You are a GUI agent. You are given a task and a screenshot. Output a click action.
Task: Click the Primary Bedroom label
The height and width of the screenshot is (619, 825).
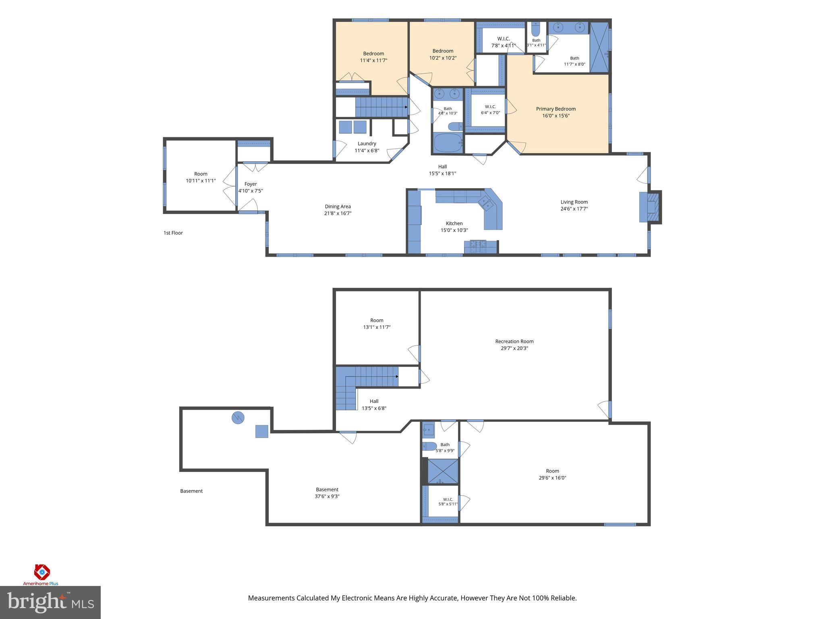coord(556,109)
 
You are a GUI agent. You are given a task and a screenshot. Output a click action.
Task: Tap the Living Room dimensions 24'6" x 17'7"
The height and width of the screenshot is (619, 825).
coord(574,209)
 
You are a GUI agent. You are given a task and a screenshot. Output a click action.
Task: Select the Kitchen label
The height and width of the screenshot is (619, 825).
coord(454,223)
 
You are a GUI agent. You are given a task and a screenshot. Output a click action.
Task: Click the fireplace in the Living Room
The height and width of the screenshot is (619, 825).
coord(650,207)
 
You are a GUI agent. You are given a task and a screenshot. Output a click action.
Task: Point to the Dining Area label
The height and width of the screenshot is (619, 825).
coord(338,206)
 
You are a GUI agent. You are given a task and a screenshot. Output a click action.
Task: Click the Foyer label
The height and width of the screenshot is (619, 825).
coord(251,184)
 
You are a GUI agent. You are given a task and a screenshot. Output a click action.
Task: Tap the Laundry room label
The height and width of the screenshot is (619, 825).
coord(367,143)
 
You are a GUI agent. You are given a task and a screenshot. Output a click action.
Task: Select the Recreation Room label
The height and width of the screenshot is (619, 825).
coord(514,341)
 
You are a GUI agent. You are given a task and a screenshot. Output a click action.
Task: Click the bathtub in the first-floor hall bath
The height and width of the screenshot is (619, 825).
coord(448,143)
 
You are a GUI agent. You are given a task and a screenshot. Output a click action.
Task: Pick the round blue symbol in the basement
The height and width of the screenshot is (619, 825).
coord(238,418)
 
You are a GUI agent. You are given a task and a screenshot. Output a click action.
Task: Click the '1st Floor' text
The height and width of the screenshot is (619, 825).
coord(173,233)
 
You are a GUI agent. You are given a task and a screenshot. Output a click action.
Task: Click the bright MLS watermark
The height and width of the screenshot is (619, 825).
coord(50,602)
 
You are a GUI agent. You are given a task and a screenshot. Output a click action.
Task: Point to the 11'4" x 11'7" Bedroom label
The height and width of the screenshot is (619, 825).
coord(373,57)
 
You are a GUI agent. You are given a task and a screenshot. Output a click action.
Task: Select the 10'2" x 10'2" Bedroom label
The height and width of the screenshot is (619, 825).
coord(443,54)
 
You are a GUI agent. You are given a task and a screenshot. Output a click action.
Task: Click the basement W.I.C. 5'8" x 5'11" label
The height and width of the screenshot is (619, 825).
coord(448,501)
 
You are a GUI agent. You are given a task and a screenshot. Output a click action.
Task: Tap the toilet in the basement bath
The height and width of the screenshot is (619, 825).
coord(429,446)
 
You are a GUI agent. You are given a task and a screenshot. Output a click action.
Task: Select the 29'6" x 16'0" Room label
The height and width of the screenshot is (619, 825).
coord(552,474)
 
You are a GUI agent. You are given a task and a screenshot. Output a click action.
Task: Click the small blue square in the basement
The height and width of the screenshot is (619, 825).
coord(262,431)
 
